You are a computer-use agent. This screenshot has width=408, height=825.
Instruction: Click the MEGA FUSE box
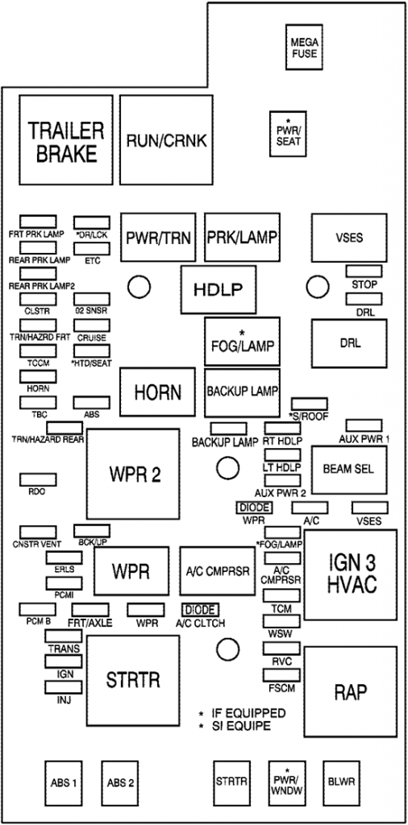point(305,48)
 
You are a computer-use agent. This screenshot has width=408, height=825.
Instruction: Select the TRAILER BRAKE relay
point(66,142)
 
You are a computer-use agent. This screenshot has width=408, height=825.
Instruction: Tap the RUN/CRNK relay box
point(166,141)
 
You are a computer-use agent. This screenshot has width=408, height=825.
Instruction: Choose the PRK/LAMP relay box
point(242,238)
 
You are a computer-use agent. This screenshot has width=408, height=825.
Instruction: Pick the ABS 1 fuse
point(64,782)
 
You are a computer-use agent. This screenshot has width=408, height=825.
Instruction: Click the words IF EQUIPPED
point(248,714)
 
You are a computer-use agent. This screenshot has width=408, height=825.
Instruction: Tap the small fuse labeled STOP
point(364,272)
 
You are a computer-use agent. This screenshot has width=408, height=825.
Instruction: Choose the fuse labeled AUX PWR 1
point(364,425)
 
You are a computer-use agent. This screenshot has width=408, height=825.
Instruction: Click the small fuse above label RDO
point(37,479)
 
